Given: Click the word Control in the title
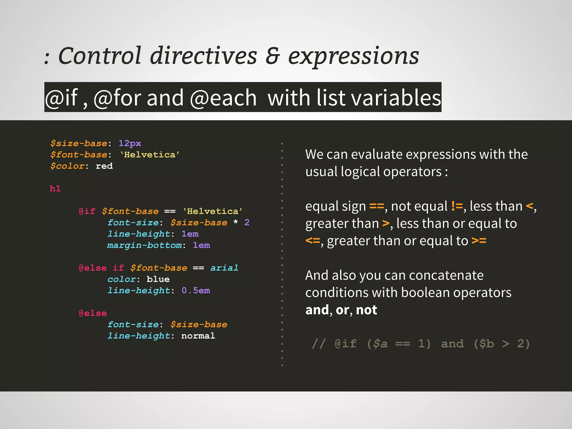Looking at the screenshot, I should pos(100,56).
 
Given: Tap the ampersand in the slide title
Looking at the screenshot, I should pos(273,56).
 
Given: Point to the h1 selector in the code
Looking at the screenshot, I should pos(55,189).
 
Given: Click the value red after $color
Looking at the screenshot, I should pos(104,166).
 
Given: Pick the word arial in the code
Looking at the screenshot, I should pos(224,268).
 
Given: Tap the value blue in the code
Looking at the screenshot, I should pos(158,279).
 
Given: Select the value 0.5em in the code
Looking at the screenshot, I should pos(196,290).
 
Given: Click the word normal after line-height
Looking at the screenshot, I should pos(198,336).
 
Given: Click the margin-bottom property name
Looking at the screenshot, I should pos(144,245).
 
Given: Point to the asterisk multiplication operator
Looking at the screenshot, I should pos(236,222).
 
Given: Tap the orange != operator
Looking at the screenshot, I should pos(457,206).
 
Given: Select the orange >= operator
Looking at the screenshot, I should pos(479,241).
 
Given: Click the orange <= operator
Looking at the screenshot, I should pos(313,241).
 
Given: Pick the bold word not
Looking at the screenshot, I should pos(366,310).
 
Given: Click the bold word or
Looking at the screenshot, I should pos(342,310).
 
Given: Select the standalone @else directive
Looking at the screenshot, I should pos(93,313).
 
